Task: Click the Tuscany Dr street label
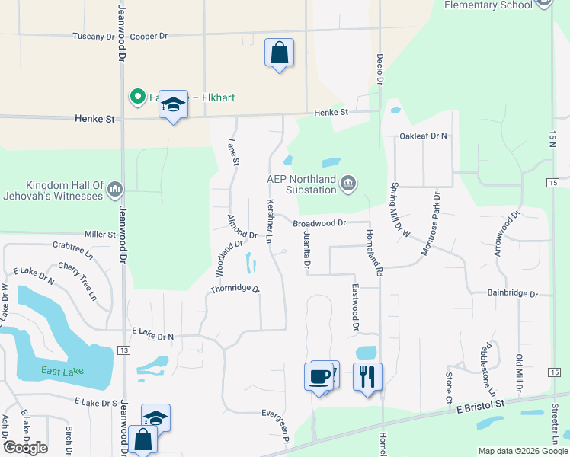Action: click(x=93, y=36)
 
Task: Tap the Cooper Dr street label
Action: click(x=149, y=36)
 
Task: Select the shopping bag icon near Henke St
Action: click(x=280, y=53)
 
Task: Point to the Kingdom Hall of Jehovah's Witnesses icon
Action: click(x=115, y=188)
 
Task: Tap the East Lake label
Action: click(x=62, y=371)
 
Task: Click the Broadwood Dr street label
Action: click(x=320, y=223)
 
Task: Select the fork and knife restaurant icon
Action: click(x=367, y=376)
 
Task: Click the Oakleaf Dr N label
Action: click(x=424, y=136)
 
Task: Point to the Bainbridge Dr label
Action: click(x=512, y=293)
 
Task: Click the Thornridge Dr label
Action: click(x=235, y=289)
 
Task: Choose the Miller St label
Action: click(x=100, y=235)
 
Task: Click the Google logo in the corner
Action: click(x=25, y=448)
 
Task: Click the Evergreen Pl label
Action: click(x=276, y=427)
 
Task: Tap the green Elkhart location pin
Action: click(x=138, y=97)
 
